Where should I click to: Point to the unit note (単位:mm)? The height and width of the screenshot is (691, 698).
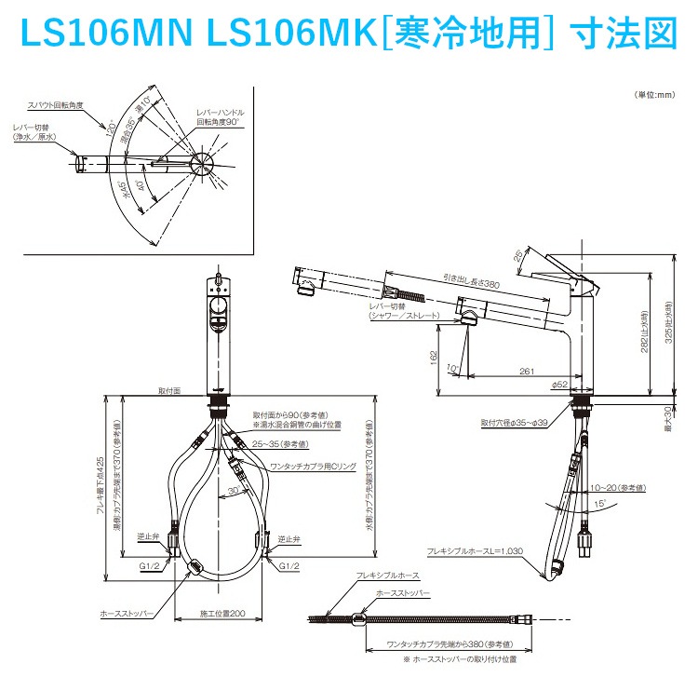click(x=654, y=95)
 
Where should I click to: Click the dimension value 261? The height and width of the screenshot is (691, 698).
click(x=526, y=372)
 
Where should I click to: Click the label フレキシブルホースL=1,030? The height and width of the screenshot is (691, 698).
click(x=475, y=550)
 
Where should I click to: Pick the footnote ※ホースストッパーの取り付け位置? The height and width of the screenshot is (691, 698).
click(x=459, y=659)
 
